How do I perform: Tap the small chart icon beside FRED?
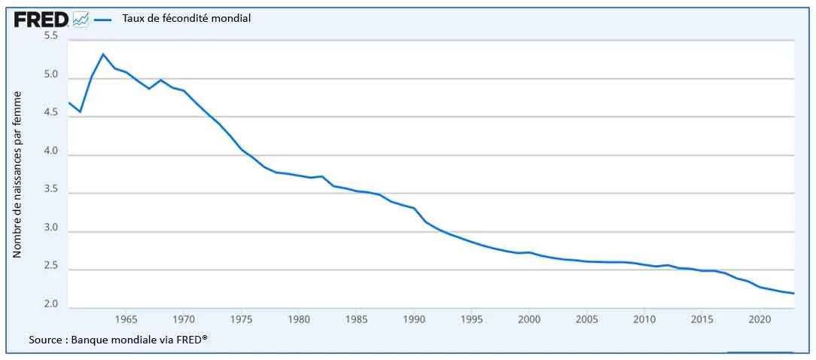click(81, 20)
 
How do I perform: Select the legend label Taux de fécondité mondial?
click(186, 19)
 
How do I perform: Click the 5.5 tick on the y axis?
click(52, 36)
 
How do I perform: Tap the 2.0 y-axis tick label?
click(52, 304)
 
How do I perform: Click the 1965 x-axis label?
click(126, 319)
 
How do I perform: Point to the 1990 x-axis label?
click(413, 319)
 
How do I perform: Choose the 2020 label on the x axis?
click(759, 319)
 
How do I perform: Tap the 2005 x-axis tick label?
click(586, 319)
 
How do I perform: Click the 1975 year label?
click(241, 319)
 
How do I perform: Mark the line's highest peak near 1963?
click(103, 54)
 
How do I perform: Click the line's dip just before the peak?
click(80, 112)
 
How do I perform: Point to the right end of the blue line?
click(793, 294)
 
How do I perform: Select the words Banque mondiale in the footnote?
click(118, 340)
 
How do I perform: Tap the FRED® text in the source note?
click(190, 340)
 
